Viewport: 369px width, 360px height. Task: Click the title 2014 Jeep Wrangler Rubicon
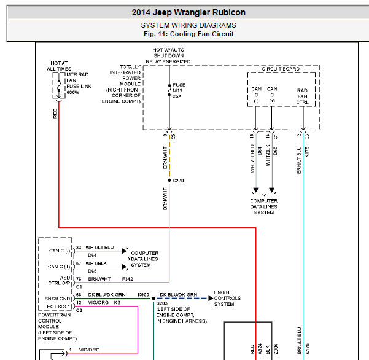click(188, 12)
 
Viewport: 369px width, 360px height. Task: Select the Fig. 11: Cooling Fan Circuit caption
click(188, 34)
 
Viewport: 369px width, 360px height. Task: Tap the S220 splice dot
click(169, 181)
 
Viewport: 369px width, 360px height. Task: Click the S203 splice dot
click(153, 299)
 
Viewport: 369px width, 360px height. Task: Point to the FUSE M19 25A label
click(179, 90)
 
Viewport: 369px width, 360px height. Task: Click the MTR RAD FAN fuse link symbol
click(59, 86)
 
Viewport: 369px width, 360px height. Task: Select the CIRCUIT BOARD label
click(281, 69)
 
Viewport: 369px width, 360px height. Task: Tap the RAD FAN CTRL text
click(302, 96)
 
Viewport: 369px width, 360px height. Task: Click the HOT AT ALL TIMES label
click(59, 66)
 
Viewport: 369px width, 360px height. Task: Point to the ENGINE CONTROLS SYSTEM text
click(227, 298)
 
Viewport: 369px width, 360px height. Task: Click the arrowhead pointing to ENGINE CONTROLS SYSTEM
click(211, 299)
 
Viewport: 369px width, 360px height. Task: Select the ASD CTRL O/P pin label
click(60, 280)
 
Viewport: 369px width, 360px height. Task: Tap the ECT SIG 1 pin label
click(58, 307)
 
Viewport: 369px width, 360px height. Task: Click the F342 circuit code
click(127, 279)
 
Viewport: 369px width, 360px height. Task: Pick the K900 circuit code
click(143, 295)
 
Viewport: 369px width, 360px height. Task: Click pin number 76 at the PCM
click(79, 279)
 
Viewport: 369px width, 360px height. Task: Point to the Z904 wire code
click(276, 349)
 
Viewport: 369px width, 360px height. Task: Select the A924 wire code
click(260, 349)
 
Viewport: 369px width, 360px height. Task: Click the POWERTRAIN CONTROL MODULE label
click(58, 327)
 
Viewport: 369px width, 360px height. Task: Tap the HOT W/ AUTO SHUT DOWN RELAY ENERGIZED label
click(168, 55)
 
